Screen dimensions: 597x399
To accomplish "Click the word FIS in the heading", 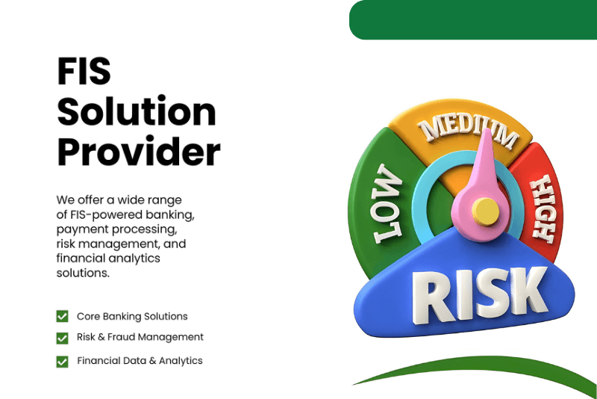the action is (x=84, y=71).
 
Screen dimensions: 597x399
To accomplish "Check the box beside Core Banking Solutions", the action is (x=62, y=316).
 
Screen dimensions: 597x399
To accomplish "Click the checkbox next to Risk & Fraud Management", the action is (x=62, y=338).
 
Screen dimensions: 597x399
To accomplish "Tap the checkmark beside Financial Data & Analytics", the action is (x=62, y=362).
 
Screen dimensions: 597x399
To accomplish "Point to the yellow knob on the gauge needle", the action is (x=486, y=211).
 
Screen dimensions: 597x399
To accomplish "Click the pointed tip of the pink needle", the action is (x=487, y=129).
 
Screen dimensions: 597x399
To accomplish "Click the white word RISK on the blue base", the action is (x=480, y=295).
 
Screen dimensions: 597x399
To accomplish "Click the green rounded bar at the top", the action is (x=473, y=20).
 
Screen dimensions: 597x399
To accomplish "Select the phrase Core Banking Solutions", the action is (x=132, y=316).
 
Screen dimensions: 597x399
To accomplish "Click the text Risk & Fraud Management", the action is (x=140, y=337).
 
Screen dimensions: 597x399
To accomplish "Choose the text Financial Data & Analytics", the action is (x=140, y=360).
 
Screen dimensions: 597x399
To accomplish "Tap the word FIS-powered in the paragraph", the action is (x=105, y=214).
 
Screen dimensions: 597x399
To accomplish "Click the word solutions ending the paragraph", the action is (x=83, y=273).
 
